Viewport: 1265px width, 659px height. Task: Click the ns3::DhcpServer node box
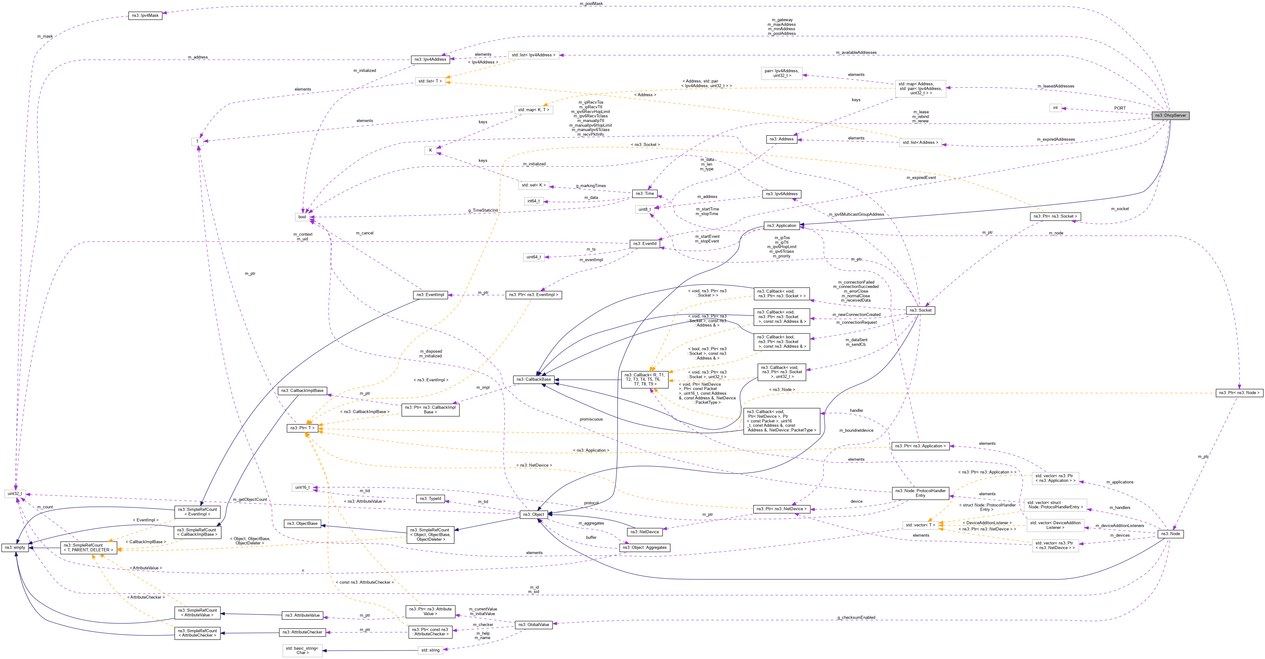click(1170, 115)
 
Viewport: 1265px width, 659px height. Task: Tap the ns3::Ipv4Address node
click(430, 59)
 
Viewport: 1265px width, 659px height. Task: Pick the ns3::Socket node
click(920, 310)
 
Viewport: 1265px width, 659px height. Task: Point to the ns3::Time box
click(645, 194)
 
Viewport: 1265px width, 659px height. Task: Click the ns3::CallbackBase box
click(533, 379)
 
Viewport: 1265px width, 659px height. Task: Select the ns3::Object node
click(533, 515)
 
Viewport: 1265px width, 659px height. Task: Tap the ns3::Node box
click(1170, 534)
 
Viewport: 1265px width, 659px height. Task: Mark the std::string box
click(430, 651)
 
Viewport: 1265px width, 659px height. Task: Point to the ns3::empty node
click(15, 548)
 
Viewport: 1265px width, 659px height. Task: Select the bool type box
click(302, 217)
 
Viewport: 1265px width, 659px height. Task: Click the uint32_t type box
click(15, 493)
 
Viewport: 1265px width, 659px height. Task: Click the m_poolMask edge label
click(591, 3)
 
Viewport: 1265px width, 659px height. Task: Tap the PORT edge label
click(1120, 108)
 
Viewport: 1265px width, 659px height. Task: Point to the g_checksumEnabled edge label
click(856, 618)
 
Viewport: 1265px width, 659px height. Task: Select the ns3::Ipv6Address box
click(782, 194)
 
